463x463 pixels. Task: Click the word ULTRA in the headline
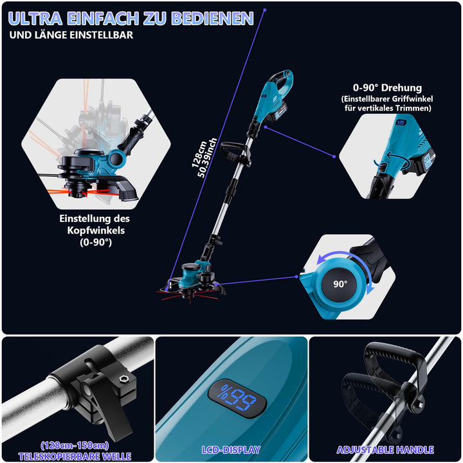point(35,18)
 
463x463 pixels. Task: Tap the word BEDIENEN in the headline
point(212,18)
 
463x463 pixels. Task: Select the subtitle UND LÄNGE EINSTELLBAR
point(71,35)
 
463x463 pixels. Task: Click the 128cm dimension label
point(199,154)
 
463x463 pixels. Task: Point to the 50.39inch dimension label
point(207,158)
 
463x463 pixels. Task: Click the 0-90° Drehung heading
point(387,87)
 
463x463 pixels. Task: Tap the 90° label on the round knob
point(340,284)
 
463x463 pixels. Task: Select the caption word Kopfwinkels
point(96,230)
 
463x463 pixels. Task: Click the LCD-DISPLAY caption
point(231,449)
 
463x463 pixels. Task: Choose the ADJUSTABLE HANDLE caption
point(385,449)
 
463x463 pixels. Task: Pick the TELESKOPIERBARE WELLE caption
point(75,456)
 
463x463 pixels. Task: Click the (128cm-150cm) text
point(75,445)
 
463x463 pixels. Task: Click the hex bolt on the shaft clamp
point(123,379)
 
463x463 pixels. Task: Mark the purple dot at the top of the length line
point(265,10)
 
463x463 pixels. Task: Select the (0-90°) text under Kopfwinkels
point(96,242)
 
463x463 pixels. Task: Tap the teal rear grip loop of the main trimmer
point(282,80)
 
